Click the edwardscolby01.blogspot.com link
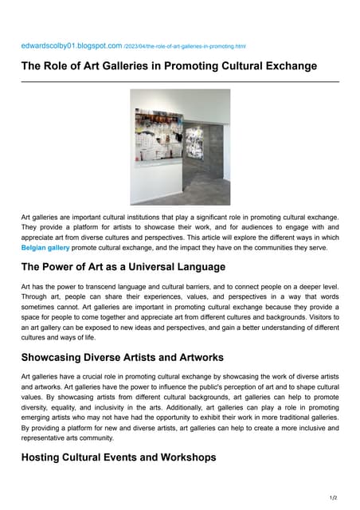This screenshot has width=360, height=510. tap(72, 46)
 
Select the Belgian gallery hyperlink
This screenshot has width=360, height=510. tap(45, 248)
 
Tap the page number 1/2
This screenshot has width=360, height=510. tap(333, 498)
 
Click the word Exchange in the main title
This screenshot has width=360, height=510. tap(288, 66)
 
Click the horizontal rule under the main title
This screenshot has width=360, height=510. tap(180, 81)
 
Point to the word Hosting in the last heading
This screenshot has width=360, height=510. tap(45, 458)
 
